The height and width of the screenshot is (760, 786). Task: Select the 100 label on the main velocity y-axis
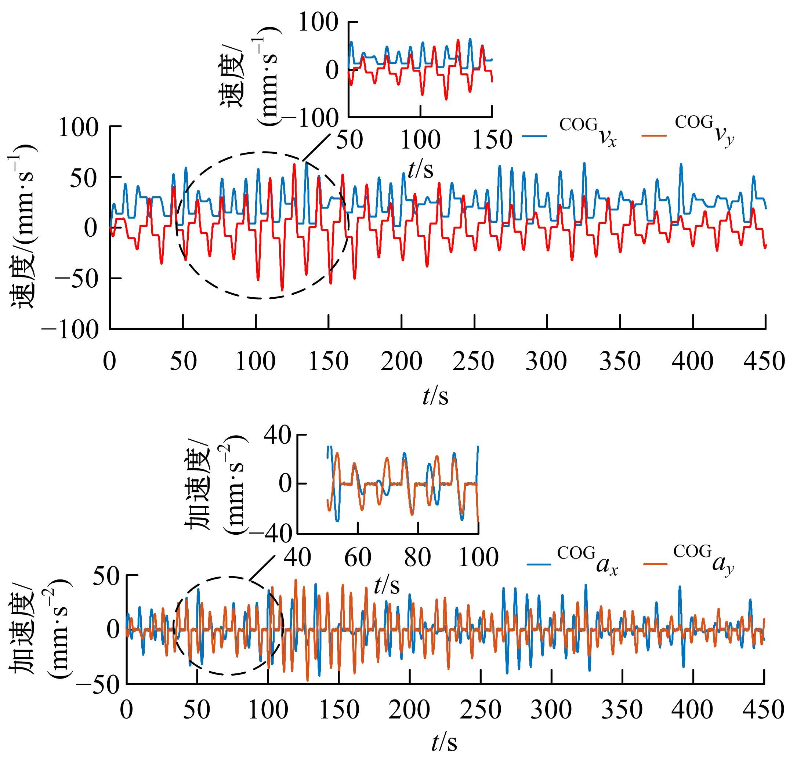click(x=79, y=127)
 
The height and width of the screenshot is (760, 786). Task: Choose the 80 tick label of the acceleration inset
click(x=417, y=557)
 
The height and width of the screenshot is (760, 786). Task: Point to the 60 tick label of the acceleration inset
click(x=358, y=557)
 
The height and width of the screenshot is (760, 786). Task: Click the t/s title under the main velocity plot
click(x=435, y=397)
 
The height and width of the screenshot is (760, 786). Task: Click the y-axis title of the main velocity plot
click(x=23, y=226)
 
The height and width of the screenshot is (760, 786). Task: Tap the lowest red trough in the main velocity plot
click(x=282, y=290)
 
